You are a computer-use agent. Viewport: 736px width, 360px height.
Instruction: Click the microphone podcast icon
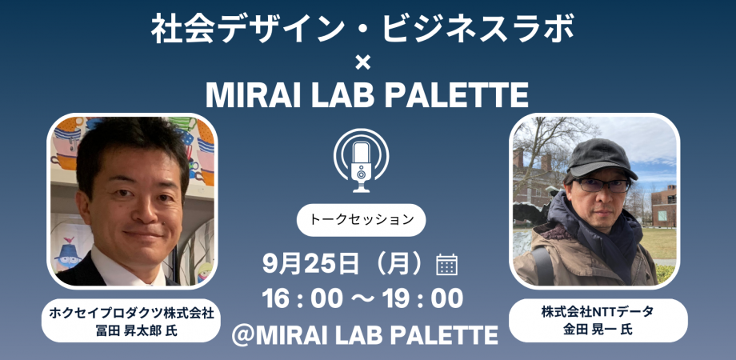pyautogui.click(x=361, y=160)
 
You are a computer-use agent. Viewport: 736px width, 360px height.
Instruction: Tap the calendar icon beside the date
pyautogui.click(x=446, y=264)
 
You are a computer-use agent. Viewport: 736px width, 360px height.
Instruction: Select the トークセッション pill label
pyautogui.click(x=361, y=218)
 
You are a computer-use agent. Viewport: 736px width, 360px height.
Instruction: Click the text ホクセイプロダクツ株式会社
pyautogui.click(x=133, y=313)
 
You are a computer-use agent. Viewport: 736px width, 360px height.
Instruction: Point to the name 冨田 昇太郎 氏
pyautogui.click(x=133, y=330)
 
